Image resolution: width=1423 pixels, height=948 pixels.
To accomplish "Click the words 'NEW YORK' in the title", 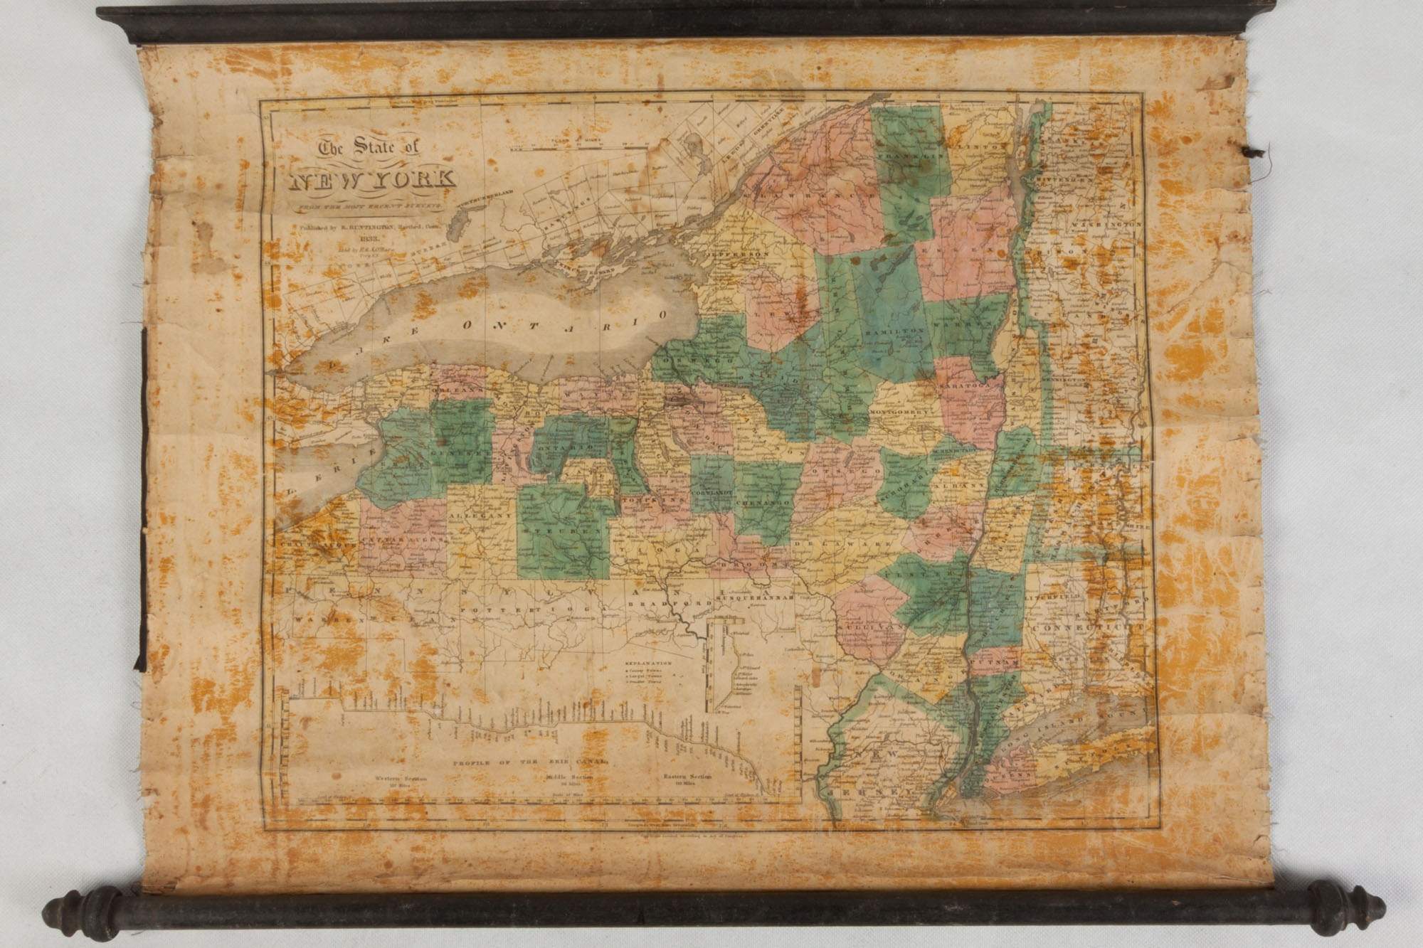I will tap(373, 179).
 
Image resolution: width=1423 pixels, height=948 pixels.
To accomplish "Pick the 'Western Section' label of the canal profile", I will tap(403, 778).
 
